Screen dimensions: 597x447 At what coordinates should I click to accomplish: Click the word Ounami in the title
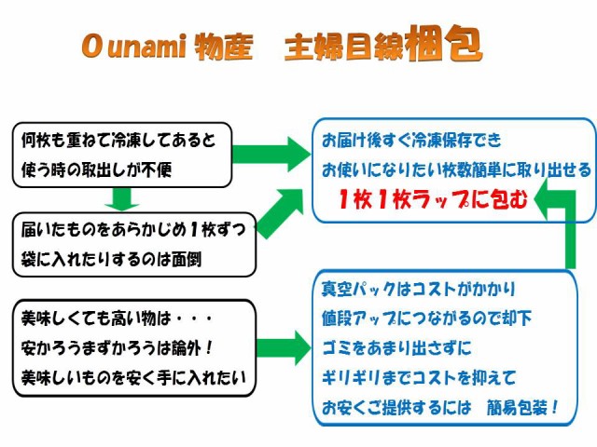[133, 46]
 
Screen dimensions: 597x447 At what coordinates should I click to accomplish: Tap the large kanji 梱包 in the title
[444, 43]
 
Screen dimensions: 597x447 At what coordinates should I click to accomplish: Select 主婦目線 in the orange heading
[344, 47]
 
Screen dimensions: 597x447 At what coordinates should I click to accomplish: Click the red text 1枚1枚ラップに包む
[433, 198]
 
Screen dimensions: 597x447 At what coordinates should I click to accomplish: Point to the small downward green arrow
[121, 199]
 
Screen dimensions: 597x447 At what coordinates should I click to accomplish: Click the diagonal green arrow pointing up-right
[281, 212]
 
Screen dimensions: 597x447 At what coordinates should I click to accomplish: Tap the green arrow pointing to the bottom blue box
[284, 347]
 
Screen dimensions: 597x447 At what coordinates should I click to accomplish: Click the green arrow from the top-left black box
[271, 155]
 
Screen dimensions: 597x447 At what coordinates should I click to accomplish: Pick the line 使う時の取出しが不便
[96, 169]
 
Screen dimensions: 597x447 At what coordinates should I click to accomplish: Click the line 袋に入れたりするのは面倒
[111, 259]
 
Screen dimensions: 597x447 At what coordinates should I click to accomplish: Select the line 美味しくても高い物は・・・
[118, 318]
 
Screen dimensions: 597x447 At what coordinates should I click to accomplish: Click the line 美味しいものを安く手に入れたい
[133, 377]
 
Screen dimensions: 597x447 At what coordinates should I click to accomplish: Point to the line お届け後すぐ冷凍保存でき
[411, 141]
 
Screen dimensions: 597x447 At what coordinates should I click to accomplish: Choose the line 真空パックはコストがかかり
[418, 289]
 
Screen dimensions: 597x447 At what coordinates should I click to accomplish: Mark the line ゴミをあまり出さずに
[396, 347]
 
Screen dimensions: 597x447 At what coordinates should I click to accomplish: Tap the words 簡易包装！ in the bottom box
[522, 408]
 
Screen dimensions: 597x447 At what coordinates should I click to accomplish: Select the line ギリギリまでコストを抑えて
[419, 377]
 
